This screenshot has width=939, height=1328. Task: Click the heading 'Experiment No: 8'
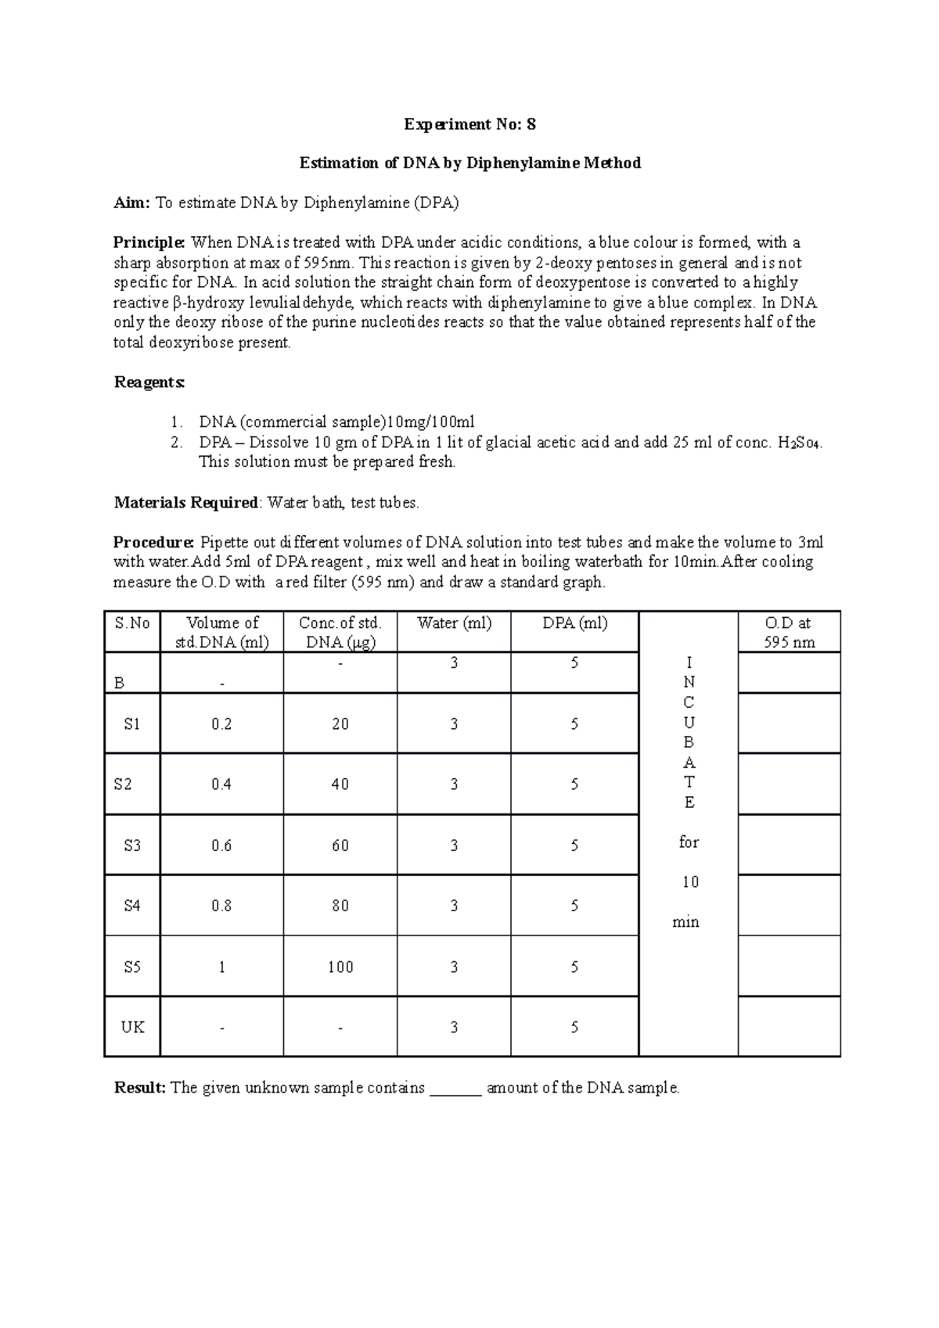(469, 124)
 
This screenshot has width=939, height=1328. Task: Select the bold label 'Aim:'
(131, 203)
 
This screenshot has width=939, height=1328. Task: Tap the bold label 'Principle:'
(149, 243)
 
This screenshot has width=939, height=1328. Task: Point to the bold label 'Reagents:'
(149, 382)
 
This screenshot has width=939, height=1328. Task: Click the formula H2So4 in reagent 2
(800, 443)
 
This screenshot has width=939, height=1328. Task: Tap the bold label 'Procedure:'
(153, 543)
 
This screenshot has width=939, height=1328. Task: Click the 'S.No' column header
(132, 623)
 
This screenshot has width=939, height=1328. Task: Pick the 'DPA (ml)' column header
(574, 623)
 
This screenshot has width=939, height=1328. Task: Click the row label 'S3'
(132, 845)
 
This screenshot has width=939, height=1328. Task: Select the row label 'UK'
(132, 1027)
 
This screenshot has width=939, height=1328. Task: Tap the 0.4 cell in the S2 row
(221, 784)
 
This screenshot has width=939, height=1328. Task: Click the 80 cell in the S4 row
(340, 906)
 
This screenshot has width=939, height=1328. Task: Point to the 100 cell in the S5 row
(340, 967)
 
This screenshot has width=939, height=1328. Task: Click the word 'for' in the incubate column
(689, 842)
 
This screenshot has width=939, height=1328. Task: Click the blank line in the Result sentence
(455, 1089)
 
